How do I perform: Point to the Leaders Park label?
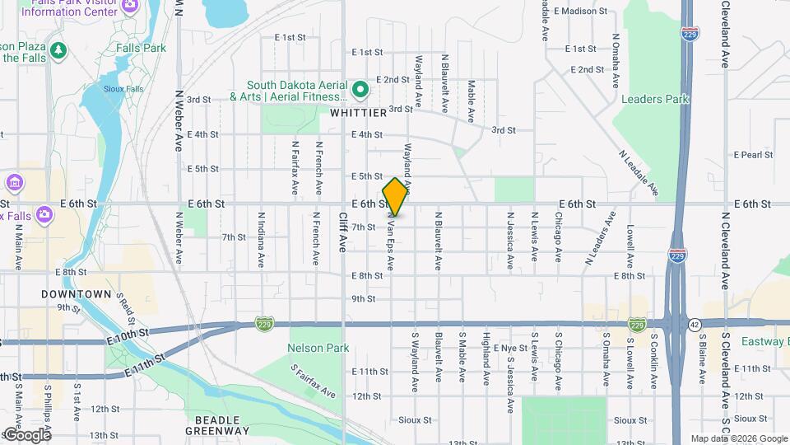pyautogui.click(x=655, y=99)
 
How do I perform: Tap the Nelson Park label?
pyautogui.click(x=313, y=348)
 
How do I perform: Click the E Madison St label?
pyautogui.click(x=580, y=12)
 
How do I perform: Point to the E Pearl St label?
pyautogui.click(x=754, y=154)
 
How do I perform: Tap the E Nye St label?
pyautogui.click(x=510, y=349)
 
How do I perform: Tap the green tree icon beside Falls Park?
pyautogui.click(x=58, y=51)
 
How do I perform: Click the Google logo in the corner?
pyautogui.click(x=26, y=434)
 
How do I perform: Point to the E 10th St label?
pyautogui.click(x=128, y=335)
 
